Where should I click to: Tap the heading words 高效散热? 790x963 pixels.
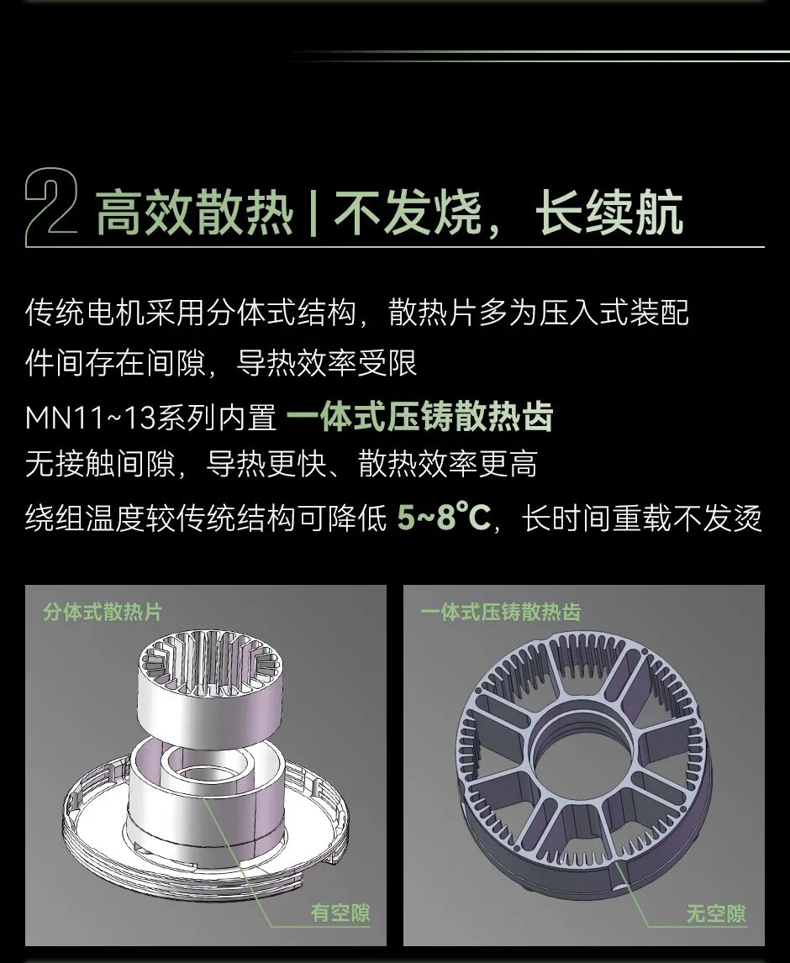click(195, 212)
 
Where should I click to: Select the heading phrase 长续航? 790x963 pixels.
click(608, 212)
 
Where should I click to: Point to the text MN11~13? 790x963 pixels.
click(90, 418)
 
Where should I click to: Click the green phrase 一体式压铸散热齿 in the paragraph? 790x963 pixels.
click(419, 417)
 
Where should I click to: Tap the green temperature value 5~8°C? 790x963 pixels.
click(444, 517)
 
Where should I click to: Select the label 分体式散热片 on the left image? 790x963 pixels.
click(103, 612)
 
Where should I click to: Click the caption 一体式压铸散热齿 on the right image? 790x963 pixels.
click(501, 612)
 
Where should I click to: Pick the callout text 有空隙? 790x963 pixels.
click(340, 913)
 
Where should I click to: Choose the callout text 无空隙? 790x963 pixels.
click(716, 913)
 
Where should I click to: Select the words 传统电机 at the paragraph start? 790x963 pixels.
click(85, 312)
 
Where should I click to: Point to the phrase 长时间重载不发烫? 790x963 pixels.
click(642, 518)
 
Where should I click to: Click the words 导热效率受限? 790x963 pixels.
click(327, 363)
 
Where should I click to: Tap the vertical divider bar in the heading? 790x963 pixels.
click(314, 213)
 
